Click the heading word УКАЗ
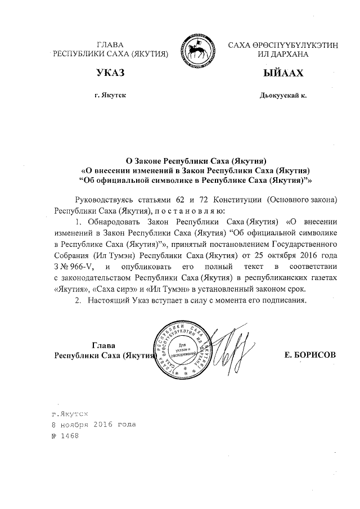[x=110, y=74]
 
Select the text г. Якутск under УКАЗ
[x=110, y=96]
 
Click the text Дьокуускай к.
[x=283, y=96]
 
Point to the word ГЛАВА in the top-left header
[x=110, y=44]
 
